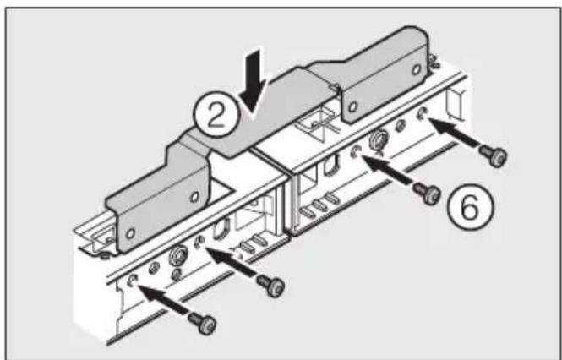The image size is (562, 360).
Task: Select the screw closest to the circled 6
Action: click(428, 194)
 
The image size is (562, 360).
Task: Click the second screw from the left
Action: click(273, 284)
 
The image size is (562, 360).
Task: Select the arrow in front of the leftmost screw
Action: click(166, 300)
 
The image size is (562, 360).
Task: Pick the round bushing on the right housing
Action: click(378, 139)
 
